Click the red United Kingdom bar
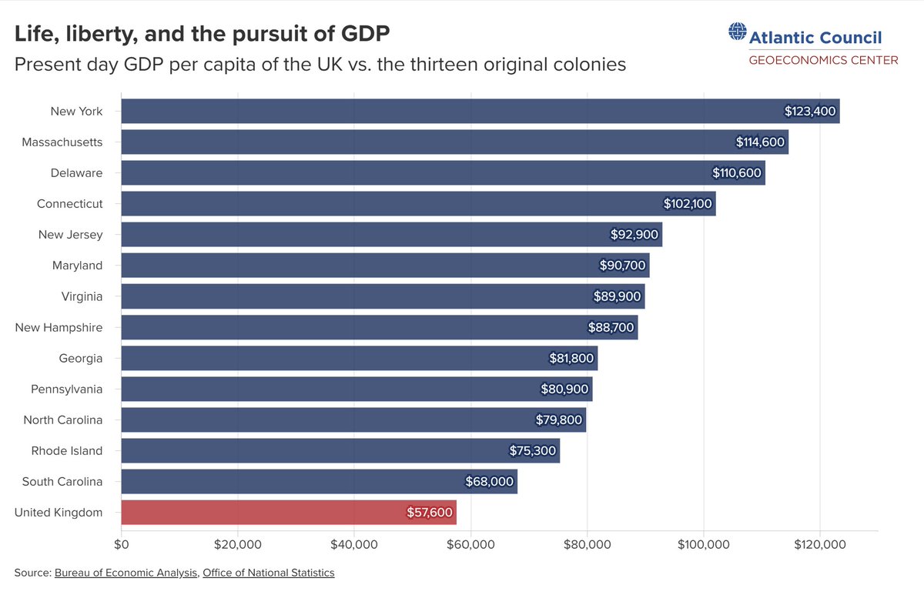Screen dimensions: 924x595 click(289, 512)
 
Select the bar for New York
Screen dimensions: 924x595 click(480, 111)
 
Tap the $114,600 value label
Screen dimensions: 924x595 click(760, 142)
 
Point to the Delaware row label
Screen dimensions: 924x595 click(76, 172)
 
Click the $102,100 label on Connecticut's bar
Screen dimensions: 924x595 click(688, 204)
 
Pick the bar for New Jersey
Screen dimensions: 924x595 click(392, 234)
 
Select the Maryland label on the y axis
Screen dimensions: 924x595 click(77, 266)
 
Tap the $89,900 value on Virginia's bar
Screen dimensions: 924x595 click(617, 296)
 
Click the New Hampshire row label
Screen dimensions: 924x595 click(59, 327)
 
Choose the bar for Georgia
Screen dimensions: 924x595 click(360, 358)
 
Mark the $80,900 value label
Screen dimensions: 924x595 click(564, 389)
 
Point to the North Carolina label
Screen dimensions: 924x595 click(62, 420)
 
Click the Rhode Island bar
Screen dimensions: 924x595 click(340, 451)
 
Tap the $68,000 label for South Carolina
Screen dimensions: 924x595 click(489, 481)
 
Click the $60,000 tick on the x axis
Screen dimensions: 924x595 click(470, 544)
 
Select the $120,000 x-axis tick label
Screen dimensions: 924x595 click(820, 544)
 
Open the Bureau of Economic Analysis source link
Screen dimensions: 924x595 click(126, 573)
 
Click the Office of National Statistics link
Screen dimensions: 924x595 click(269, 573)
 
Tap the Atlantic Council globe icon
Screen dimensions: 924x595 click(738, 32)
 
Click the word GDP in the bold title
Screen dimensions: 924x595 click(366, 34)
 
